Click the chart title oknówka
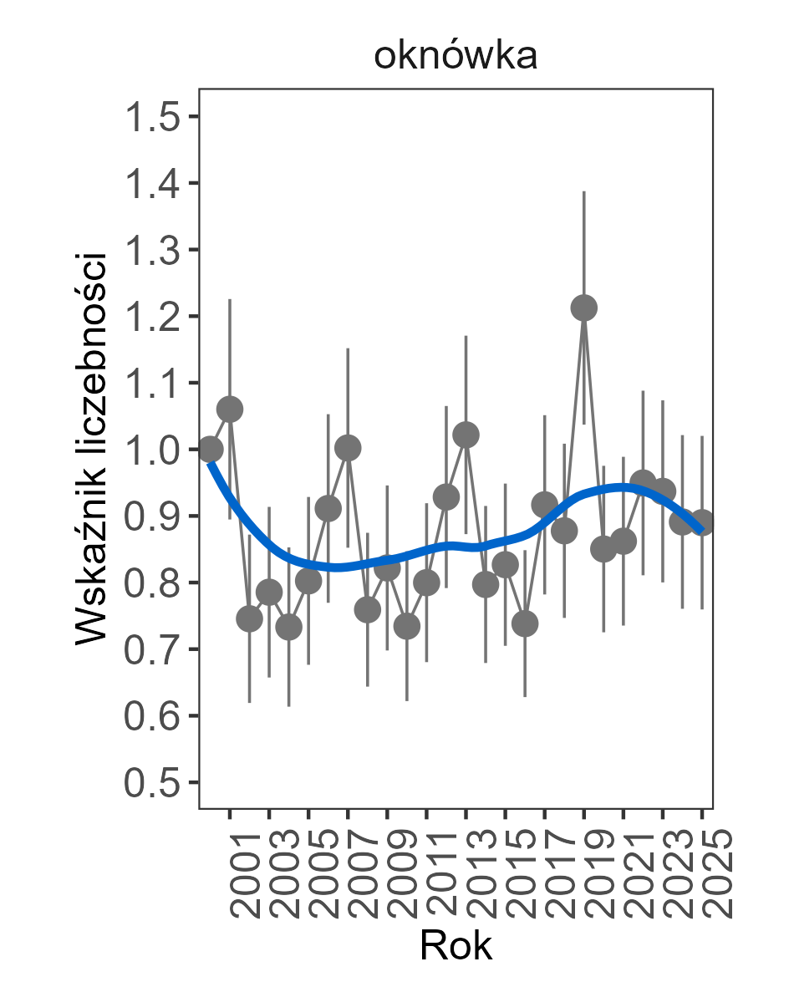pyautogui.click(x=456, y=57)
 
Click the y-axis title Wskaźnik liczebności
pyautogui.click(x=92, y=448)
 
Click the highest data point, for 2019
pyautogui.click(x=584, y=308)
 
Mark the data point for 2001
pyautogui.click(x=230, y=409)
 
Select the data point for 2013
pyautogui.click(x=466, y=435)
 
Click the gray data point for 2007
pyautogui.click(x=348, y=448)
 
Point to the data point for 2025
pyautogui.click(x=702, y=523)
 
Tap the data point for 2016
pyautogui.click(x=525, y=623)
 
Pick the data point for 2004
pyautogui.click(x=288, y=627)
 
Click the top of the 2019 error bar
pyautogui.click(x=584, y=191)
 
